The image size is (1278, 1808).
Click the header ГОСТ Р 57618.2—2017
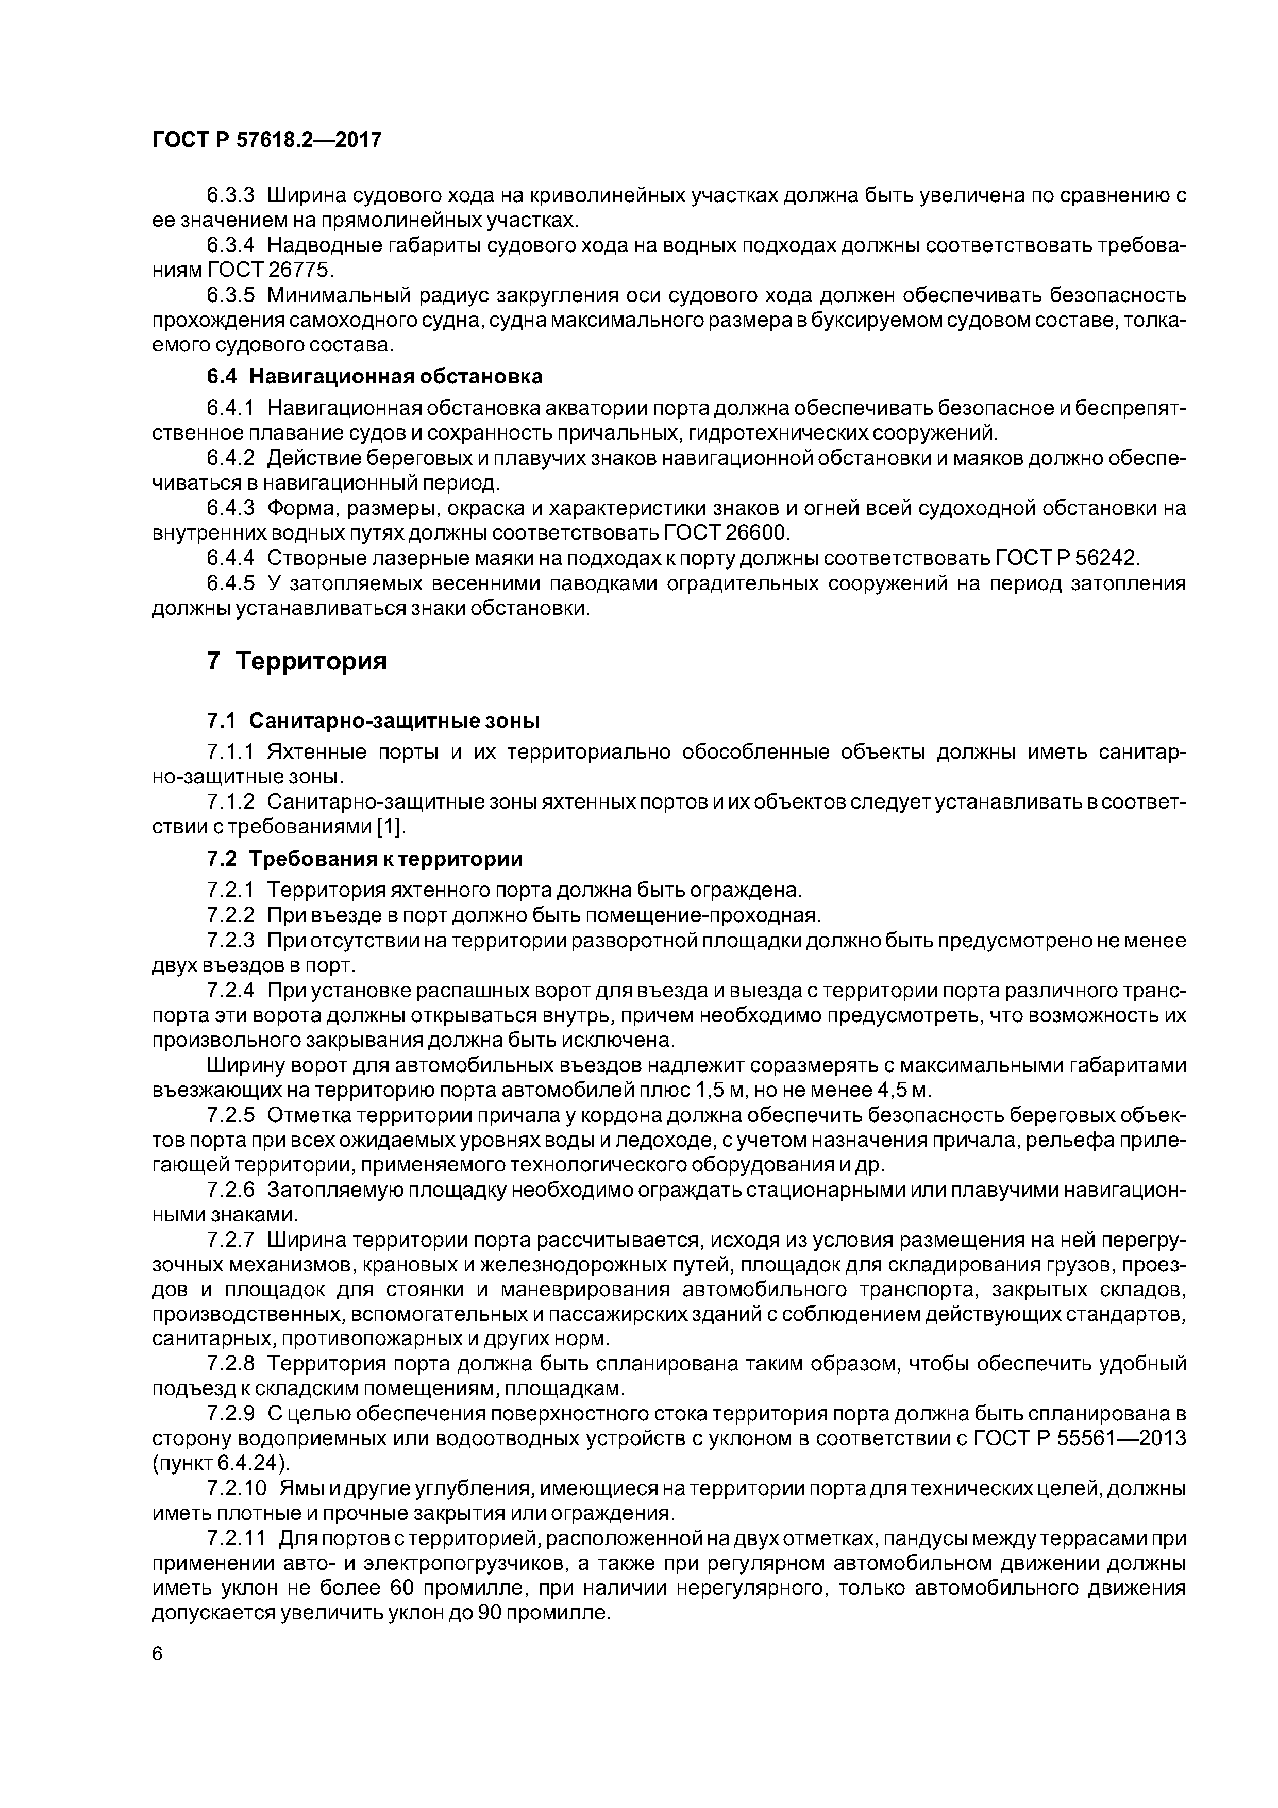pos(266,140)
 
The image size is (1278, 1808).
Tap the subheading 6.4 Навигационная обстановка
pos(375,376)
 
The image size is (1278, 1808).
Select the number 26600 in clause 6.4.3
pos(756,533)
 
